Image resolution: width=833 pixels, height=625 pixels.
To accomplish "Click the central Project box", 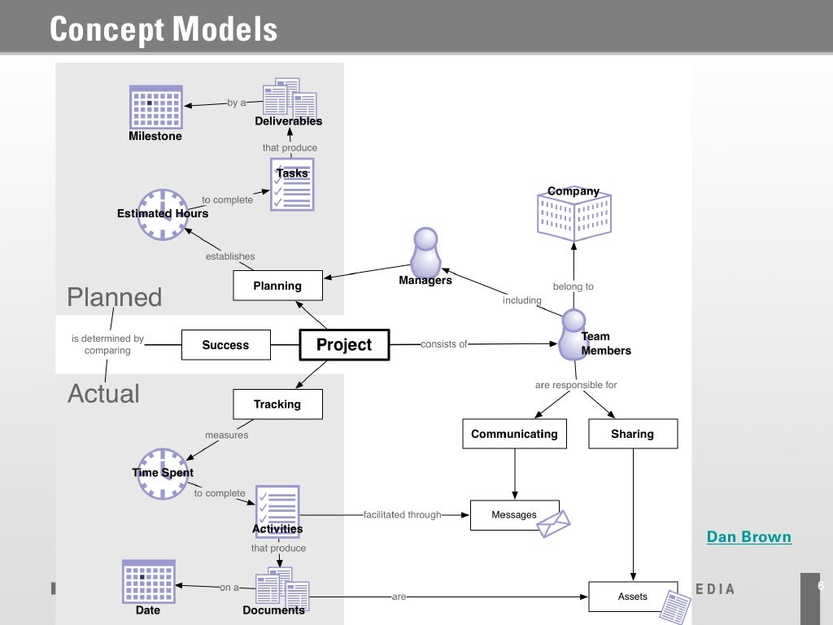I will click(344, 345).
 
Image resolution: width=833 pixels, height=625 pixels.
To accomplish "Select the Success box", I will click(225, 345).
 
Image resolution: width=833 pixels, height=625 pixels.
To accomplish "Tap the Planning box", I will click(277, 286).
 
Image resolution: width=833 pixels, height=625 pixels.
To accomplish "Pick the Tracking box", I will click(277, 404).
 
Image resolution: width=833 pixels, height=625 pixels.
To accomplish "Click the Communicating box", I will click(514, 434).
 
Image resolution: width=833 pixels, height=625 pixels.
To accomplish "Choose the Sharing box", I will click(632, 434).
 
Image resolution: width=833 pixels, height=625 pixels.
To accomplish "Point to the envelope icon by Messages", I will click(554, 523).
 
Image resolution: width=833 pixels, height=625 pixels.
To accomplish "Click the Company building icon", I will click(574, 214).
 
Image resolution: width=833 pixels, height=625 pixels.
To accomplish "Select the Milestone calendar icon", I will click(156, 107).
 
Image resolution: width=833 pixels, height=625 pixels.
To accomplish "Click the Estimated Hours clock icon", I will click(163, 215).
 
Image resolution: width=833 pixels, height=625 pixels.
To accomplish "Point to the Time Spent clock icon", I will click(163, 474).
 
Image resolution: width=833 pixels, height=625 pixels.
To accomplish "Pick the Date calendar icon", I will click(148, 581).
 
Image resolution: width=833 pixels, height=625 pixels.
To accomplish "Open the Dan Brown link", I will click(748, 537).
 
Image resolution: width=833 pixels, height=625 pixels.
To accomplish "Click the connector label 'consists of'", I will click(443, 344).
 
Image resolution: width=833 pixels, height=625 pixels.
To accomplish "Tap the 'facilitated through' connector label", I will click(402, 514).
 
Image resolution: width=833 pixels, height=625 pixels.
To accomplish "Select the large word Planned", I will click(114, 297).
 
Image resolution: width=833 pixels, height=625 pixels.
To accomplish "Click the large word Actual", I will click(103, 394).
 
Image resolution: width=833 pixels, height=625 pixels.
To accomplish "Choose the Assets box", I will click(632, 597).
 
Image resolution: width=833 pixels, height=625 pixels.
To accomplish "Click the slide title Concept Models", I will click(164, 30).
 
